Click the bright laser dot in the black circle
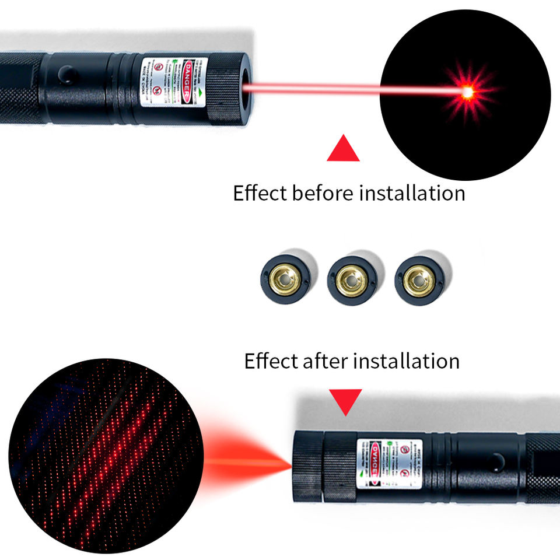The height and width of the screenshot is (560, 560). pyautogui.click(x=467, y=92)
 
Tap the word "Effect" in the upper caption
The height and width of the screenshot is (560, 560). pyautogui.click(x=260, y=192)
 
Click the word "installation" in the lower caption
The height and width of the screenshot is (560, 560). pyautogui.click(x=407, y=360)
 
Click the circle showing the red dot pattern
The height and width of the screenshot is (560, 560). pyautogui.click(x=105, y=455)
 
